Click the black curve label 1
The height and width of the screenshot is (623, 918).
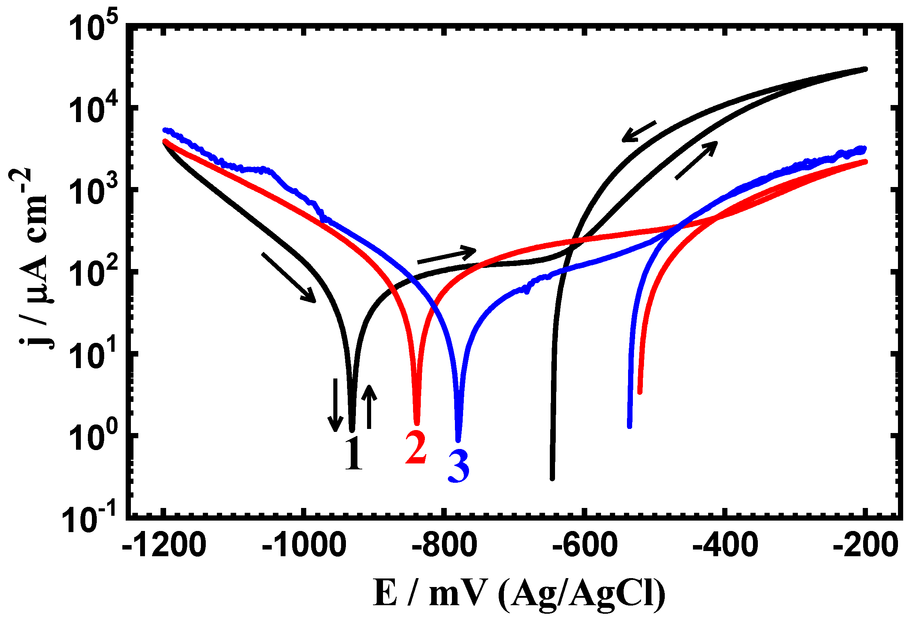354,453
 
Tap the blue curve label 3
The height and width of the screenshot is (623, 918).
459,466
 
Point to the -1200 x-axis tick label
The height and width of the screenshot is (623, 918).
164,545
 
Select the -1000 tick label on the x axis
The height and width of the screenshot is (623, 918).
304,545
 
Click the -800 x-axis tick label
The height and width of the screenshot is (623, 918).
445,545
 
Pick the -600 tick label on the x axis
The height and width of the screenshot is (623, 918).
585,545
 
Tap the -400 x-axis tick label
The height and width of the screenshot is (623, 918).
725,545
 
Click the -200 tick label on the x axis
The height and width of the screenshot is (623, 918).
865,545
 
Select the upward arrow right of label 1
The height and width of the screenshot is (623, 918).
369,407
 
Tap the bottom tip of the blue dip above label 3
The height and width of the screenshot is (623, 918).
459,440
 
